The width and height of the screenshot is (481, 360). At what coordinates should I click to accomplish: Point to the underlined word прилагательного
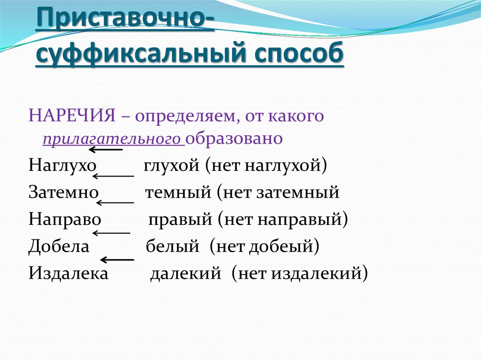pyautogui.click(x=113, y=139)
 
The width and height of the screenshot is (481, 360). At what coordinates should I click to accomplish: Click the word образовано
pyautogui.click(x=234, y=139)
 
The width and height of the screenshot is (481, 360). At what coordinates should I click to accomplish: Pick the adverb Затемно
pyautogui.click(x=63, y=192)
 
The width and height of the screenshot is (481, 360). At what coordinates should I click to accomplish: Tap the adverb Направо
pyautogui.click(x=65, y=219)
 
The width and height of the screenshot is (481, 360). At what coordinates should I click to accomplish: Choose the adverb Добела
pyautogui.click(x=59, y=245)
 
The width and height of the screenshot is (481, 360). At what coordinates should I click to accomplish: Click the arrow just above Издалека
pyautogui.click(x=116, y=260)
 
